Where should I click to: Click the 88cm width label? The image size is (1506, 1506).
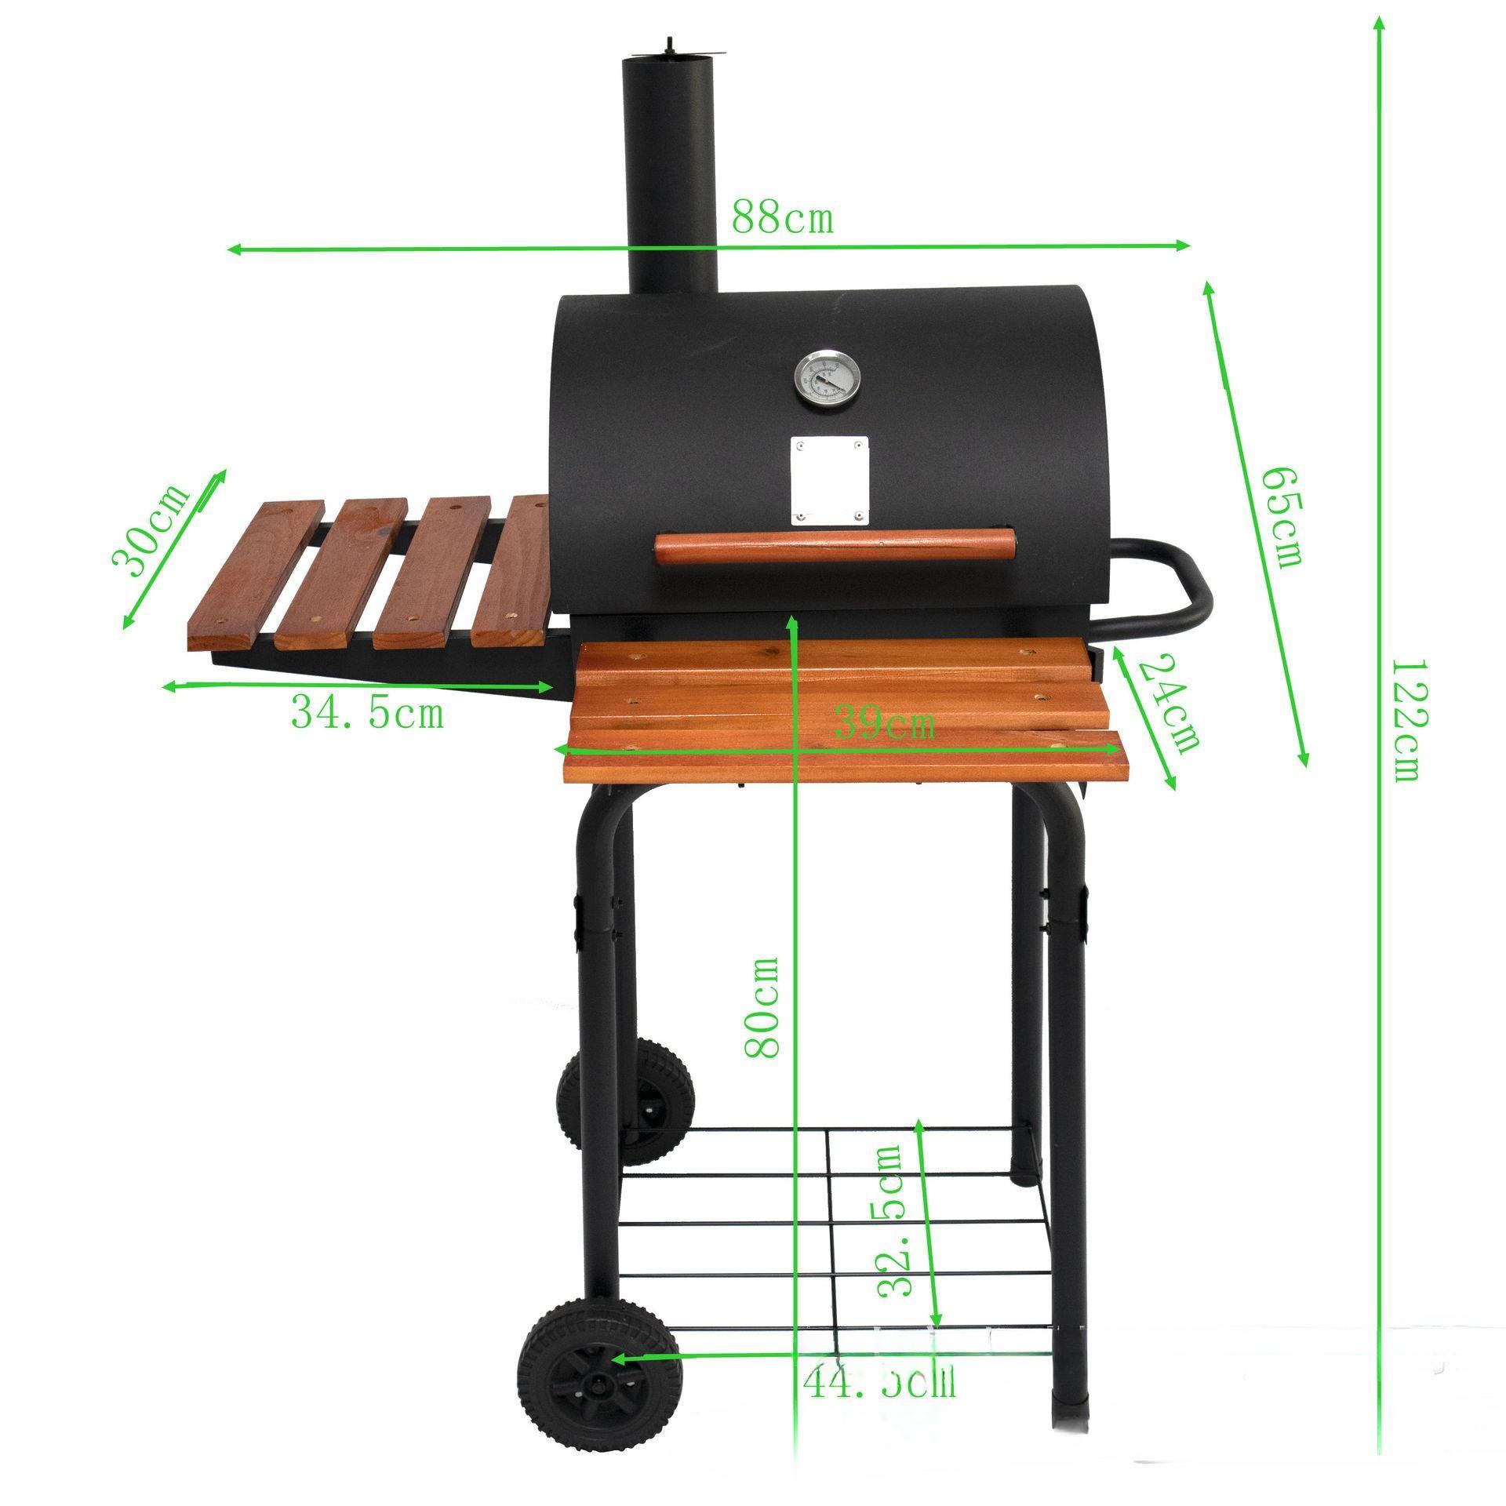coord(782,219)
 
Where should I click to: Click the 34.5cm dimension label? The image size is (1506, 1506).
coord(367,713)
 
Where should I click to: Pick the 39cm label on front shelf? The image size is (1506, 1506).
coord(884,722)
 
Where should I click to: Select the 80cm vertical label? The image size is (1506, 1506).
coord(762,1007)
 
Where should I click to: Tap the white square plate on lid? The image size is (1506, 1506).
coord(830,479)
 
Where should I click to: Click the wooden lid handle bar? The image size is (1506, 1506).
coord(835,547)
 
